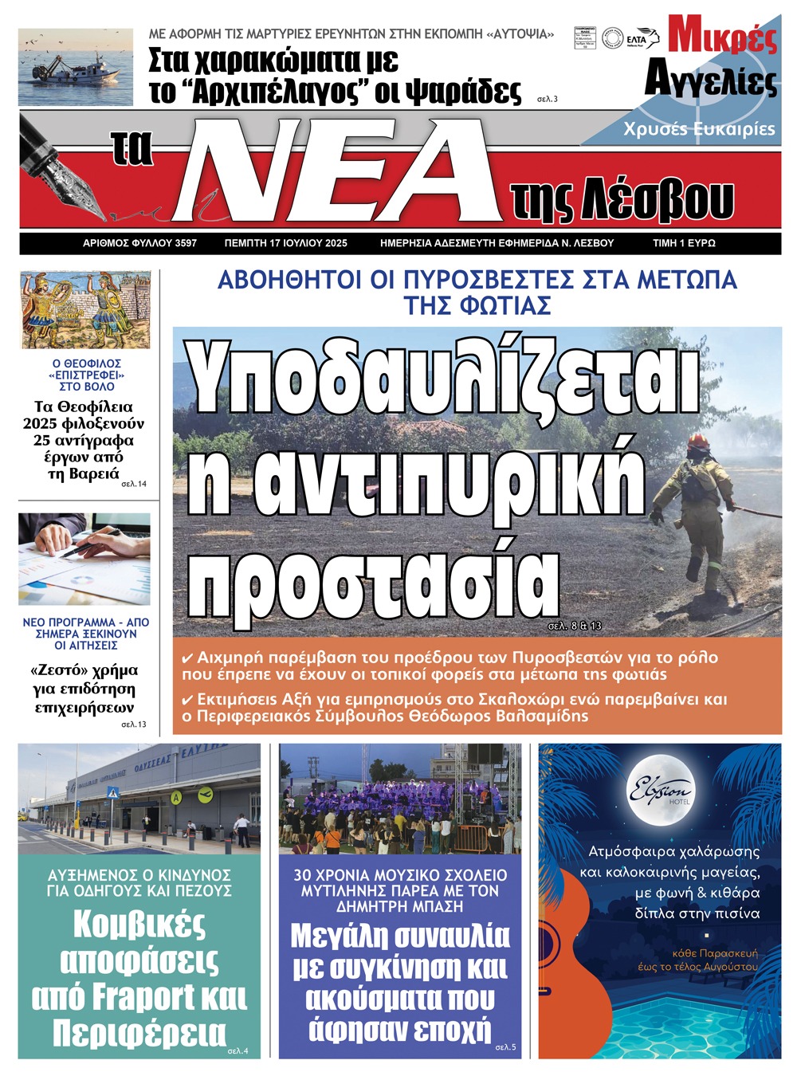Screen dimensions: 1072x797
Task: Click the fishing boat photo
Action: click(75, 68)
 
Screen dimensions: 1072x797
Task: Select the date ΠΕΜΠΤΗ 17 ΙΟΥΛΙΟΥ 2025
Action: click(286, 243)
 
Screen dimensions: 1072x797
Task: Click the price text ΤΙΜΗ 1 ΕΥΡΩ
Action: click(684, 243)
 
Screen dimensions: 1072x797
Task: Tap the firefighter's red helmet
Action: click(698, 441)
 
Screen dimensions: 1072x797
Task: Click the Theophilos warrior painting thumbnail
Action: click(84, 310)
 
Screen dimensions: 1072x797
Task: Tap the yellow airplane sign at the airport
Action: click(205, 794)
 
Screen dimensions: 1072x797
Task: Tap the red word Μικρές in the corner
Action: click(722, 36)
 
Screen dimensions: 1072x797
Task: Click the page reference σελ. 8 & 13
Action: click(574, 626)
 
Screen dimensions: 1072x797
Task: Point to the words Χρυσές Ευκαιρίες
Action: click(699, 129)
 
